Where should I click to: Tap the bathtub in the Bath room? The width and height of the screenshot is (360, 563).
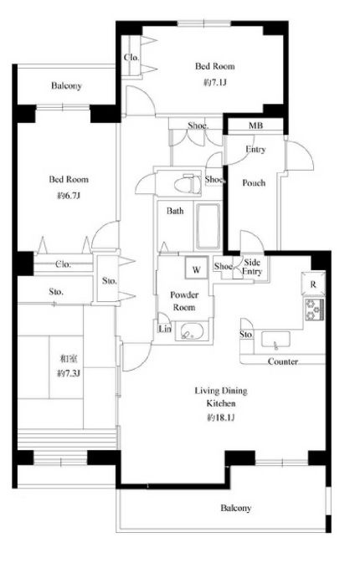[208, 226]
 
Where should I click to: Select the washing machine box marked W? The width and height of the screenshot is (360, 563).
[196, 268]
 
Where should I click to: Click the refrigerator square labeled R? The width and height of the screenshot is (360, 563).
[313, 284]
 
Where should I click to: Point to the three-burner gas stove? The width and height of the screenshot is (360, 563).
[314, 310]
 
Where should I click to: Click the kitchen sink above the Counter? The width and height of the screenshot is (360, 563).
[275, 340]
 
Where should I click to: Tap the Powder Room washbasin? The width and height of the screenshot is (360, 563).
[192, 331]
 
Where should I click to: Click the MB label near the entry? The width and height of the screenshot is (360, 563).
[256, 125]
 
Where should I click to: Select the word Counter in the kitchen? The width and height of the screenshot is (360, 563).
[283, 361]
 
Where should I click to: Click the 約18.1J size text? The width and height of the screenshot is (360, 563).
[221, 417]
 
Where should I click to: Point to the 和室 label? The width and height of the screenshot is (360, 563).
[69, 358]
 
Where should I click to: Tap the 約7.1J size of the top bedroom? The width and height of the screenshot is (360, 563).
[215, 83]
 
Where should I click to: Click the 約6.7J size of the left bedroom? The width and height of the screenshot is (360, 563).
[69, 196]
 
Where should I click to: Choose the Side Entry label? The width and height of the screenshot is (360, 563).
[252, 267]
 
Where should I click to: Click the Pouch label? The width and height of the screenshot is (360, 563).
[254, 182]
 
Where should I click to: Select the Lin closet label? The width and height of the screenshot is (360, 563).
[165, 328]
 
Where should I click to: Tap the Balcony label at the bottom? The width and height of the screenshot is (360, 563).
[236, 508]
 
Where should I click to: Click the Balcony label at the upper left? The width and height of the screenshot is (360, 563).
[66, 85]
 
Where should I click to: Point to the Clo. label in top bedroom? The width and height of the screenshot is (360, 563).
[131, 58]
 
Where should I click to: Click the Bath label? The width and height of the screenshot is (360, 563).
[175, 211]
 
